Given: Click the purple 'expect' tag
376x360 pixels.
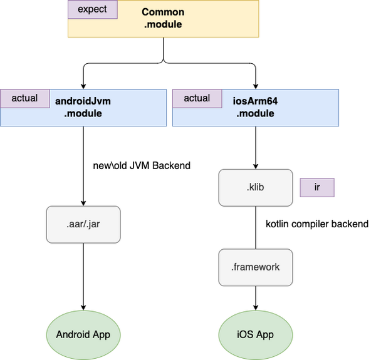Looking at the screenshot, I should point(92,9).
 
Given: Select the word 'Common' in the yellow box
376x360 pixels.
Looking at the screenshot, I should point(163,12).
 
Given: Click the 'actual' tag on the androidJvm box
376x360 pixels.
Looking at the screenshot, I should point(24,98).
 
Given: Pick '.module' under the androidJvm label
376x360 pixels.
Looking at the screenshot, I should point(83,113).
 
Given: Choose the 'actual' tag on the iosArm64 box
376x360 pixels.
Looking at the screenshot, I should point(197,98).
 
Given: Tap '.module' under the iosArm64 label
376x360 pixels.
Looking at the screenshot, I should point(255,113).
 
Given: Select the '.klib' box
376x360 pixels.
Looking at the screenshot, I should point(255,187).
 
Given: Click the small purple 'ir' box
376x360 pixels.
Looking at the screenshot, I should point(317,188).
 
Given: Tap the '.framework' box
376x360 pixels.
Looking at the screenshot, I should point(255,267).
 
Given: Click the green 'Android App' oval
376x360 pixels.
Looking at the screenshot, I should point(83,334).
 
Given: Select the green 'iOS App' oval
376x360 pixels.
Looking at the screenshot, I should point(255,334).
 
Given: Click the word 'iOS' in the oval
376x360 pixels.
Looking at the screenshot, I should point(246,334).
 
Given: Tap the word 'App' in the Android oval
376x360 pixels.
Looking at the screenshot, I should point(102,334).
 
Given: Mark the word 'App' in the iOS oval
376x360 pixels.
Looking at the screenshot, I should point(265,334).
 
